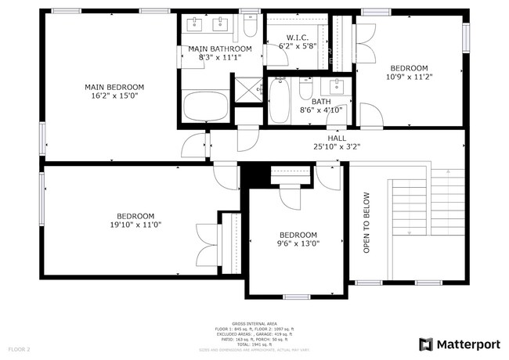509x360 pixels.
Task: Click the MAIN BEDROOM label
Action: point(114,87)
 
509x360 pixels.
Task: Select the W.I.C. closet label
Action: point(297,37)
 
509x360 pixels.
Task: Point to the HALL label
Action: point(336,137)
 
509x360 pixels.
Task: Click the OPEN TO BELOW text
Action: point(366,222)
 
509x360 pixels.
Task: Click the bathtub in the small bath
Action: point(280,102)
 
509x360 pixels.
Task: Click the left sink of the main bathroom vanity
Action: point(196,25)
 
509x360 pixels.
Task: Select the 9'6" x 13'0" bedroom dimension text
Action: point(298,243)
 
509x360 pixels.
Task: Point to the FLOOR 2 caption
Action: point(19,348)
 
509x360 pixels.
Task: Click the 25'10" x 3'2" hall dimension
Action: point(336,146)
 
